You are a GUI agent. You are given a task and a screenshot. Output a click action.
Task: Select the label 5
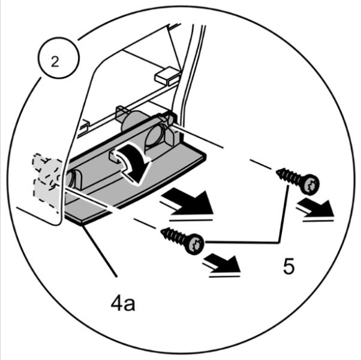tap(288, 266)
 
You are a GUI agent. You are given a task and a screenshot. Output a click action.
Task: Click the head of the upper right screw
tap(310, 184)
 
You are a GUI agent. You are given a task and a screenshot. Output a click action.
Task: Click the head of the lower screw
tap(195, 244)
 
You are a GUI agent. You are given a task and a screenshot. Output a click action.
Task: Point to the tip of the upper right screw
tap(276, 171)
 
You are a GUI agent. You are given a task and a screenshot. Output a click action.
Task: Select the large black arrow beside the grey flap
tap(188, 203)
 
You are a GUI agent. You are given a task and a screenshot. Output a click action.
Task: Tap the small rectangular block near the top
tap(167, 76)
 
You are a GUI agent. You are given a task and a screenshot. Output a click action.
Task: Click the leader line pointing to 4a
tap(100, 251)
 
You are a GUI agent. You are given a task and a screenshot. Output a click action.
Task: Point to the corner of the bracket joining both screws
tap(279, 242)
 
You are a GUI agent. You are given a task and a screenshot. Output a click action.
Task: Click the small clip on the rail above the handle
tap(121, 113)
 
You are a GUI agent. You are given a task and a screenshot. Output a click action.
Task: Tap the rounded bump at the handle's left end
tap(73, 179)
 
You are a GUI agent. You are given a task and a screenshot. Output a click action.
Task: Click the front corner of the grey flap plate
tap(82, 223)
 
